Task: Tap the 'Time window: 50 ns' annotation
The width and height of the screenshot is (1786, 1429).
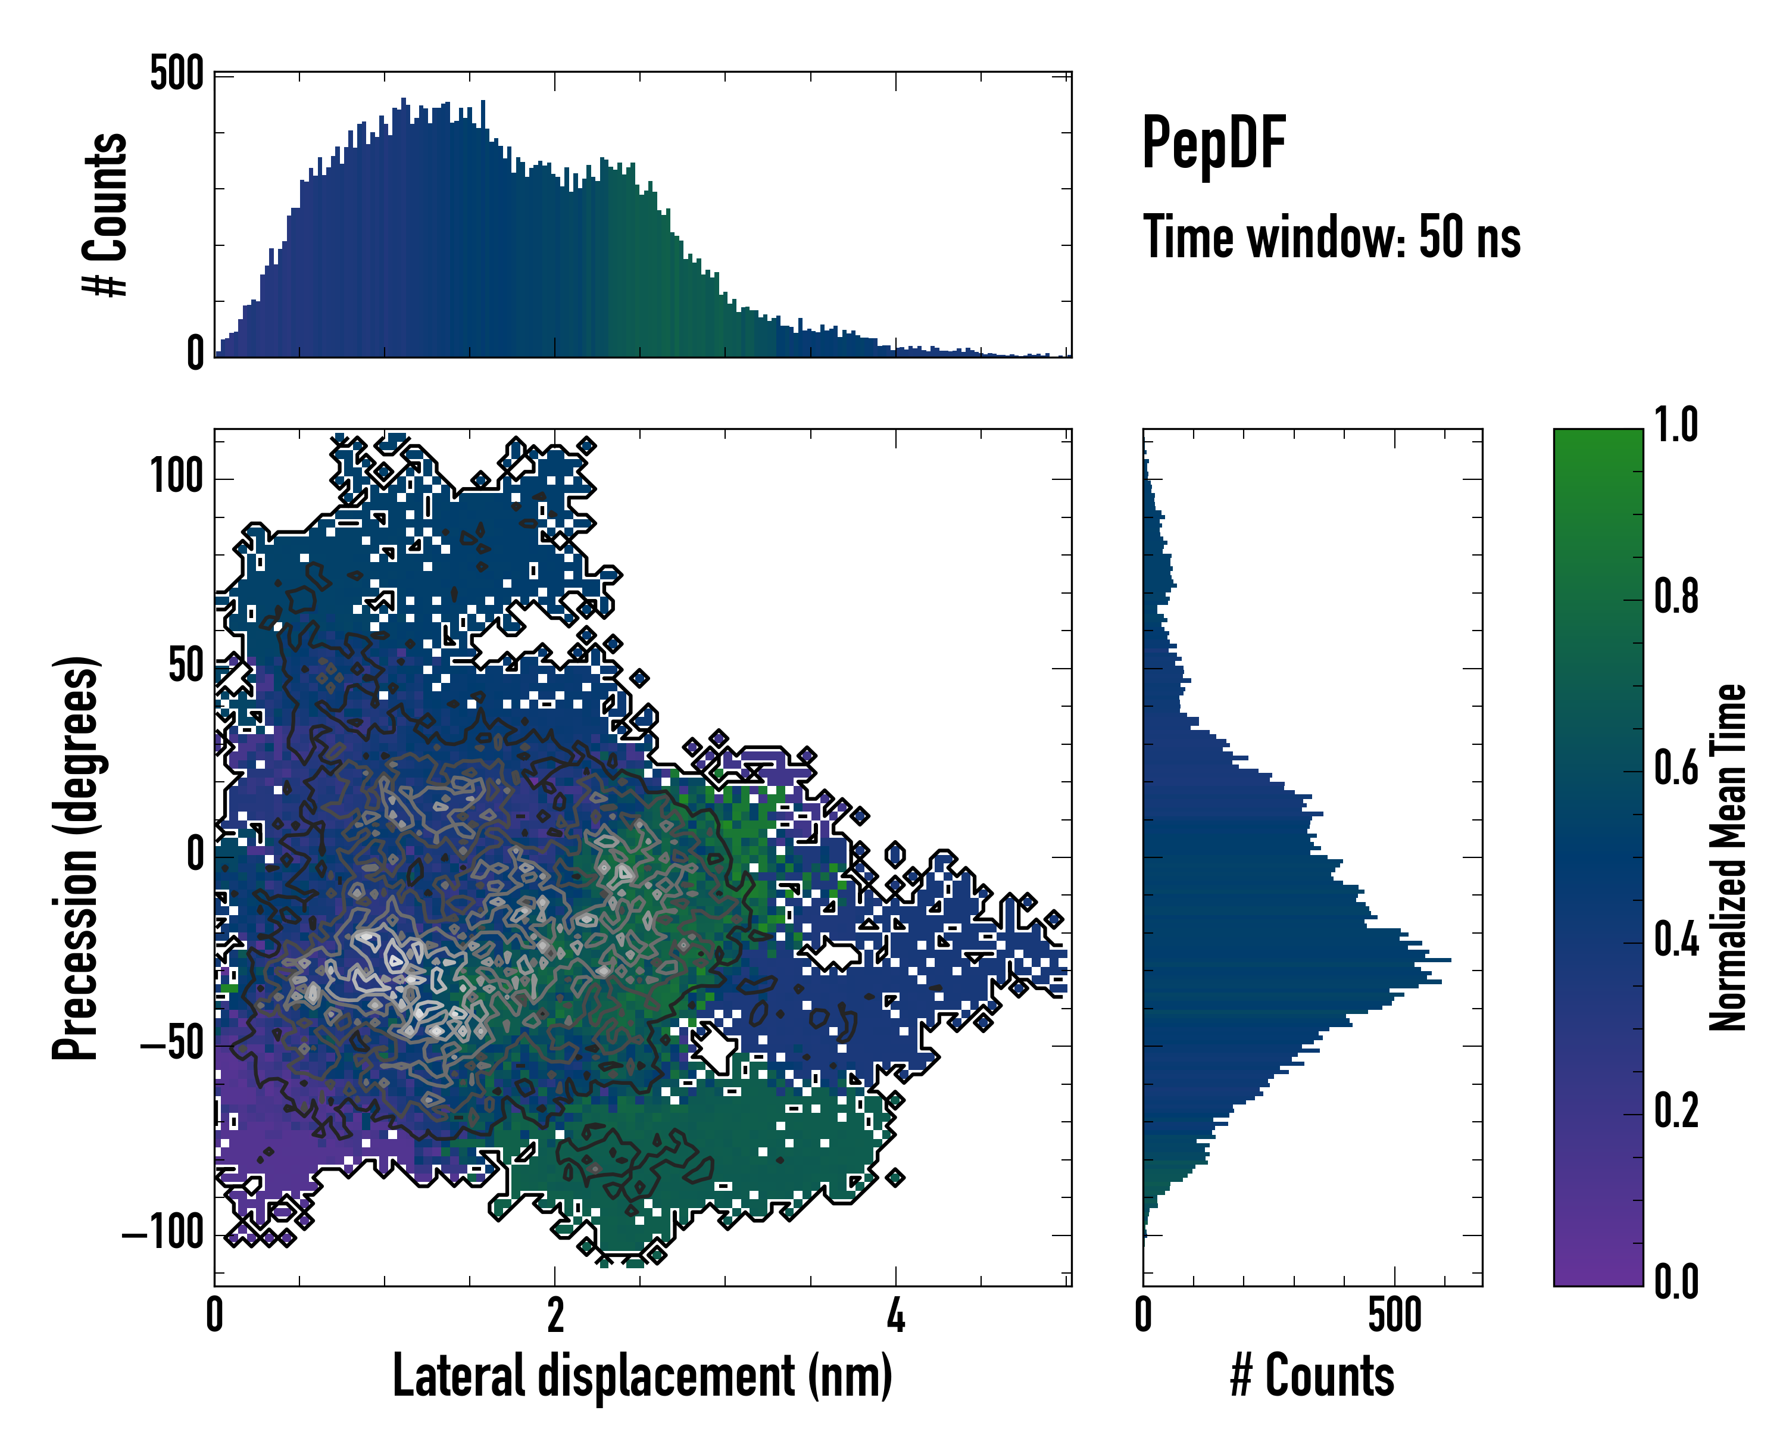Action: (1331, 238)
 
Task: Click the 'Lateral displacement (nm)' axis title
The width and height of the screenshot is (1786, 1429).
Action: (642, 1376)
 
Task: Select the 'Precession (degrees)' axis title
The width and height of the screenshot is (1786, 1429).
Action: (76, 857)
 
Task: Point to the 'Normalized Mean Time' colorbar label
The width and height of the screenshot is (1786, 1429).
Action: (1726, 857)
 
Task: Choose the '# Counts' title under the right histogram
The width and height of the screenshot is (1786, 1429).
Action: (1312, 1376)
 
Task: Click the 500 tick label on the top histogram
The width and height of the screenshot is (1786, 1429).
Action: (176, 74)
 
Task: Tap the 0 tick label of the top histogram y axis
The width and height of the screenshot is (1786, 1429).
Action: (195, 354)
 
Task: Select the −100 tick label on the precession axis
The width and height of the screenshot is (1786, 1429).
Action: (163, 1234)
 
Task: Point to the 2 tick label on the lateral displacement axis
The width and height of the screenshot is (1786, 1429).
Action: (555, 1315)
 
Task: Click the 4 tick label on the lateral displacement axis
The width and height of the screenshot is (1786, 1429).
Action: (895, 1315)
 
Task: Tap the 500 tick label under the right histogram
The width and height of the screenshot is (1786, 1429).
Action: (1395, 1315)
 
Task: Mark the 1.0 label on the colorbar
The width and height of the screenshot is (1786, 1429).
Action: (1676, 425)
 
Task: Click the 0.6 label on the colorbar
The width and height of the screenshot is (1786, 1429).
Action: (1676, 768)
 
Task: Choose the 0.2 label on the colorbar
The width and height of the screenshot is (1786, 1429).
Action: (1676, 1111)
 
